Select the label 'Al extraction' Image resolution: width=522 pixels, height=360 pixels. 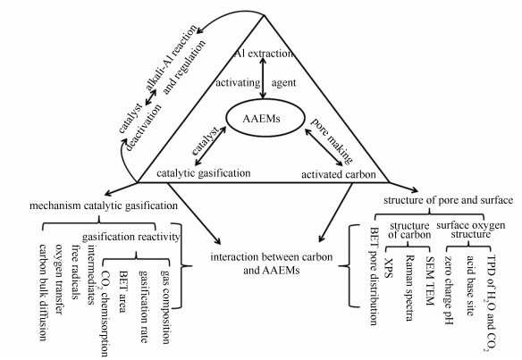tap(265, 54)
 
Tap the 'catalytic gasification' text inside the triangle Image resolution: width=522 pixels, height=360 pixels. tap(204, 173)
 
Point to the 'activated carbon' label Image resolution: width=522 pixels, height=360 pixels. tap(339, 174)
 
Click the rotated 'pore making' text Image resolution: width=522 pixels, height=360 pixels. tap(332, 140)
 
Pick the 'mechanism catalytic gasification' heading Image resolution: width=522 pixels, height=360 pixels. tap(104, 205)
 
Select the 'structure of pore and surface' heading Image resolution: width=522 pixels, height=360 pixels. tap(448, 200)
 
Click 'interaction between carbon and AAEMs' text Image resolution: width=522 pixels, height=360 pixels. tap(272, 264)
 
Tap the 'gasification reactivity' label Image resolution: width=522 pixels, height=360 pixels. tap(130, 237)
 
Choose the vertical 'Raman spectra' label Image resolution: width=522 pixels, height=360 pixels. tap(410, 289)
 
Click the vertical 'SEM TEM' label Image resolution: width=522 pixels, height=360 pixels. tap(430, 281)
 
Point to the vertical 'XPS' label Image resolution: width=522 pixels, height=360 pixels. tap(389, 268)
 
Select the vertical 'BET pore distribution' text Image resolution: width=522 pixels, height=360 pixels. tap(375, 276)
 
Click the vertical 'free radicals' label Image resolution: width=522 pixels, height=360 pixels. tap(76, 272)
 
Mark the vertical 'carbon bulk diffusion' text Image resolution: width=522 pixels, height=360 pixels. tap(43, 292)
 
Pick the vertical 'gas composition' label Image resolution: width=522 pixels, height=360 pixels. tap(165, 306)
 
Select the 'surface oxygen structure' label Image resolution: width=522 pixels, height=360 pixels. tap(471, 230)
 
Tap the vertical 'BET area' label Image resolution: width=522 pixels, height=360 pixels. tap(122, 291)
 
